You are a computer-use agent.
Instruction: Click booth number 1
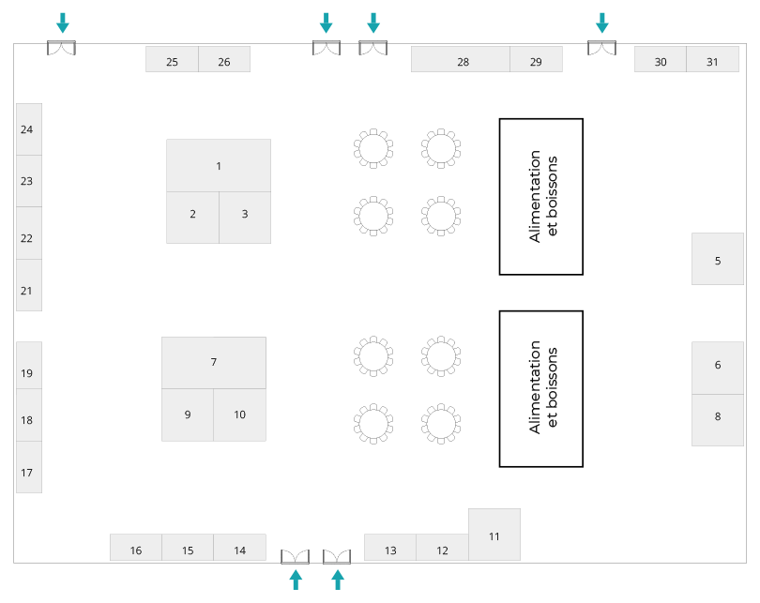pyautogui.click(x=219, y=166)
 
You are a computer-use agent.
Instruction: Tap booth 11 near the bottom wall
pyautogui.click(x=494, y=535)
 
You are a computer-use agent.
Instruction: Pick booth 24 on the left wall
pyautogui.click(x=28, y=129)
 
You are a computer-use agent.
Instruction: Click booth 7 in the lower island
pyautogui.click(x=214, y=362)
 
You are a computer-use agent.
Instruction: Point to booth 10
pyautogui.click(x=239, y=415)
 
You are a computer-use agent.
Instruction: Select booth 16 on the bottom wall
pyautogui.click(x=136, y=549)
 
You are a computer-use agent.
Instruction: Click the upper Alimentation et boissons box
pyautogui.click(x=540, y=196)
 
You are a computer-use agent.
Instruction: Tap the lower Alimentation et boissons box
pyautogui.click(x=540, y=388)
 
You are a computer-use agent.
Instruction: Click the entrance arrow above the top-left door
pyautogui.click(x=62, y=23)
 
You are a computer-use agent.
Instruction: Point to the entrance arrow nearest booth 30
pyautogui.click(x=602, y=23)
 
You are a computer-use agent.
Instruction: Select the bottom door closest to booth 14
pyautogui.click(x=295, y=557)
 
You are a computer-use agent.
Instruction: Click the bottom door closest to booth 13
pyautogui.click(x=337, y=557)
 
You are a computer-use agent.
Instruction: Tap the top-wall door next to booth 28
pyautogui.click(x=372, y=48)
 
